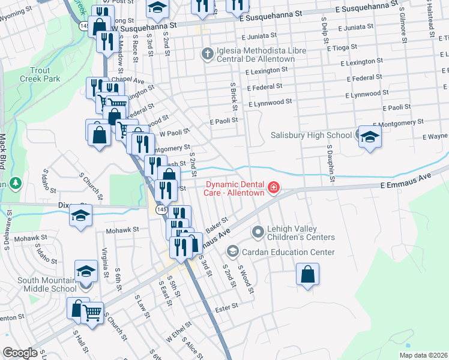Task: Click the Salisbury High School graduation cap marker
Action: coord(370,136)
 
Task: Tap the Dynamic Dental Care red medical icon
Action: coord(274,188)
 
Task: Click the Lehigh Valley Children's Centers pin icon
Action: coord(258,231)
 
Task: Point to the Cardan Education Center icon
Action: coord(232,252)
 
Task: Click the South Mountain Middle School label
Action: coord(38,284)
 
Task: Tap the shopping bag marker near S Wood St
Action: coord(307,275)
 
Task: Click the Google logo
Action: coord(20,352)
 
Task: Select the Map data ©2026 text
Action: coord(423,355)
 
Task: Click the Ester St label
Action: coord(226,306)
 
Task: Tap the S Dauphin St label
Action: coord(330,161)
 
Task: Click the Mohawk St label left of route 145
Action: coord(122,229)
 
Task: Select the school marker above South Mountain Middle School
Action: coord(86,271)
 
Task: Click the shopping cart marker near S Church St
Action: coord(92,311)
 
